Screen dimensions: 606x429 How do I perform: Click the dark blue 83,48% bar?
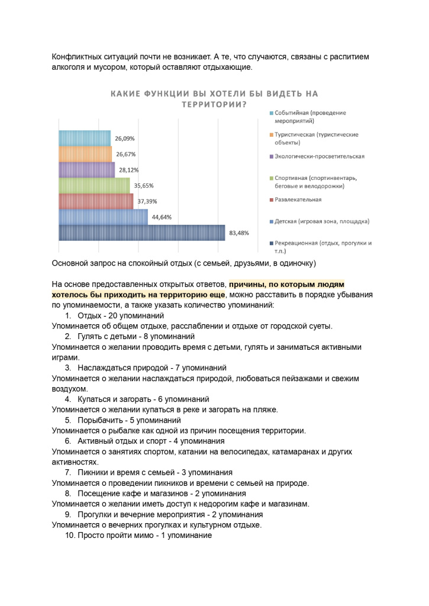(x=142, y=233)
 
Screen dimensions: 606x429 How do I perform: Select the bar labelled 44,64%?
(x=103, y=217)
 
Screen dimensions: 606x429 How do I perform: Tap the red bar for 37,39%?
(x=96, y=201)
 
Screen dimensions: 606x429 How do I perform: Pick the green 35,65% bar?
(x=94, y=185)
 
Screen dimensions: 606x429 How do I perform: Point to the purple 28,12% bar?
(x=87, y=170)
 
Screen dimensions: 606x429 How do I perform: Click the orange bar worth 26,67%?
(x=85, y=154)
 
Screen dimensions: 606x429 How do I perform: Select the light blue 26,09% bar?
(x=85, y=138)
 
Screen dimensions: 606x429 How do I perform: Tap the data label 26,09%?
(x=125, y=138)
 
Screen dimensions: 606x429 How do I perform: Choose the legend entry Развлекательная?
(x=298, y=199)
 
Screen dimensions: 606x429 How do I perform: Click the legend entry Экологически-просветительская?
(x=320, y=156)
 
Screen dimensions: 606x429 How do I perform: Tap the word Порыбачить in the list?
(x=98, y=420)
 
